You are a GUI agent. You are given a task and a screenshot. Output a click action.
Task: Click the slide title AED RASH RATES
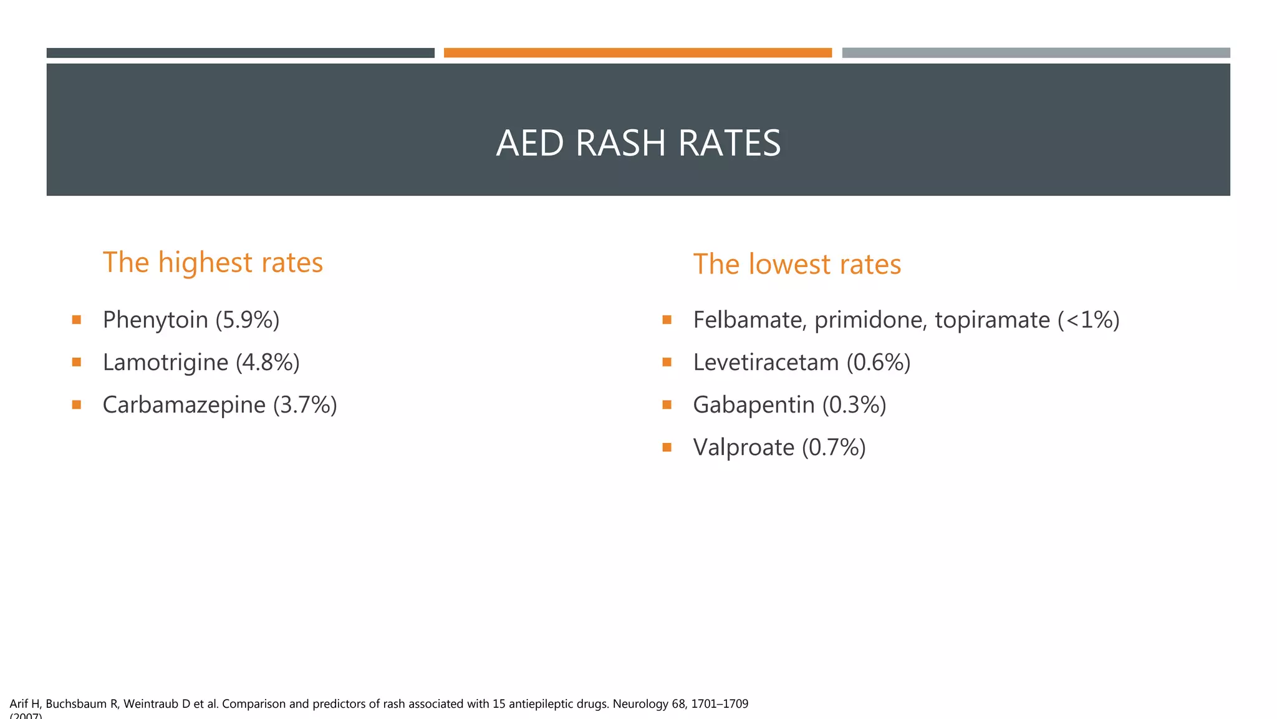click(x=638, y=143)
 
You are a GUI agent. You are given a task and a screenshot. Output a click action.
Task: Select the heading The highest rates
click(x=213, y=263)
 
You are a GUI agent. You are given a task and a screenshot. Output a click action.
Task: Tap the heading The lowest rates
click(x=797, y=265)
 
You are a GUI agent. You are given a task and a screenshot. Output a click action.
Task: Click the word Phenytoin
click(x=155, y=320)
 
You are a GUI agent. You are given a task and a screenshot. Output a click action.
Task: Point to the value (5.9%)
click(x=248, y=320)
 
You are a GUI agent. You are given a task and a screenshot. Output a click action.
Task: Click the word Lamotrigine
click(x=165, y=363)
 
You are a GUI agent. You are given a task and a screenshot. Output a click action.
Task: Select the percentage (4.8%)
click(x=267, y=363)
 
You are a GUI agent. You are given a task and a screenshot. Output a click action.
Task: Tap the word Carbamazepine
click(x=184, y=405)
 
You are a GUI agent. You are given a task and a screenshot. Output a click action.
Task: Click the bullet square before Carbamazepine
click(x=77, y=404)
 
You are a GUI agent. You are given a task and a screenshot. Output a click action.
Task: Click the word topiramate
click(x=992, y=320)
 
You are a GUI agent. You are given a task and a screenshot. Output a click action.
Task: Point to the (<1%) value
click(x=1089, y=320)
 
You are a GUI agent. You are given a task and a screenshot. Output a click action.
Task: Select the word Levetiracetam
click(x=766, y=363)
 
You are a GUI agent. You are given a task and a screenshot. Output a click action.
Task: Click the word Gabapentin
click(x=753, y=405)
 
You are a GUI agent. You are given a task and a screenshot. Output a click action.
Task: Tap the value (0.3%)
click(x=854, y=405)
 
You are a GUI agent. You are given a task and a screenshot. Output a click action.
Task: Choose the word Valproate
click(x=743, y=448)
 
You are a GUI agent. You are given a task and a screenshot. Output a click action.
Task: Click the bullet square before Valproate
click(x=667, y=447)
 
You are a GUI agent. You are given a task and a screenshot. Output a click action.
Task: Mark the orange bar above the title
click(x=637, y=53)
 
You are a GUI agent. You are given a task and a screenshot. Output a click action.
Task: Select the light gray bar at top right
click(x=1036, y=53)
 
